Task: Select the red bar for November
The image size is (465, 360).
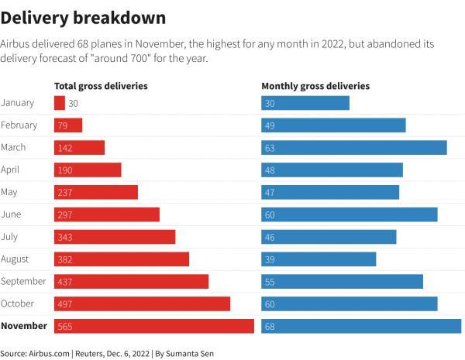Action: click(153, 327)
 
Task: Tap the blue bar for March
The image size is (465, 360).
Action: click(353, 148)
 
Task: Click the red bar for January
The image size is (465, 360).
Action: click(59, 103)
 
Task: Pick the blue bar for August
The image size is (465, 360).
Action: click(319, 259)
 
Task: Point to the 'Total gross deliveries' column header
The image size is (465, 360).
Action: click(101, 86)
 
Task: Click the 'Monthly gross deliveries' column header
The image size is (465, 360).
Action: click(315, 86)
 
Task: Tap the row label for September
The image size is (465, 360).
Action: click(23, 282)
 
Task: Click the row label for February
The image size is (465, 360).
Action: click(19, 125)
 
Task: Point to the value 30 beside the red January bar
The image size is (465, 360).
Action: click(74, 103)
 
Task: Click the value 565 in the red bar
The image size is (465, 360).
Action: click(65, 327)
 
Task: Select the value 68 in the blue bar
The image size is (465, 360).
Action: click(270, 327)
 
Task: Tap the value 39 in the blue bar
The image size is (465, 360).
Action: click(270, 259)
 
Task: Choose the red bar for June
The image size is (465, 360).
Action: click(106, 214)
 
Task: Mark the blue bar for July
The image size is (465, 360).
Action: click(329, 237)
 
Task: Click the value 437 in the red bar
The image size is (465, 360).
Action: click(65, 282)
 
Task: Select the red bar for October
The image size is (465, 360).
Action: click(142, 304)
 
